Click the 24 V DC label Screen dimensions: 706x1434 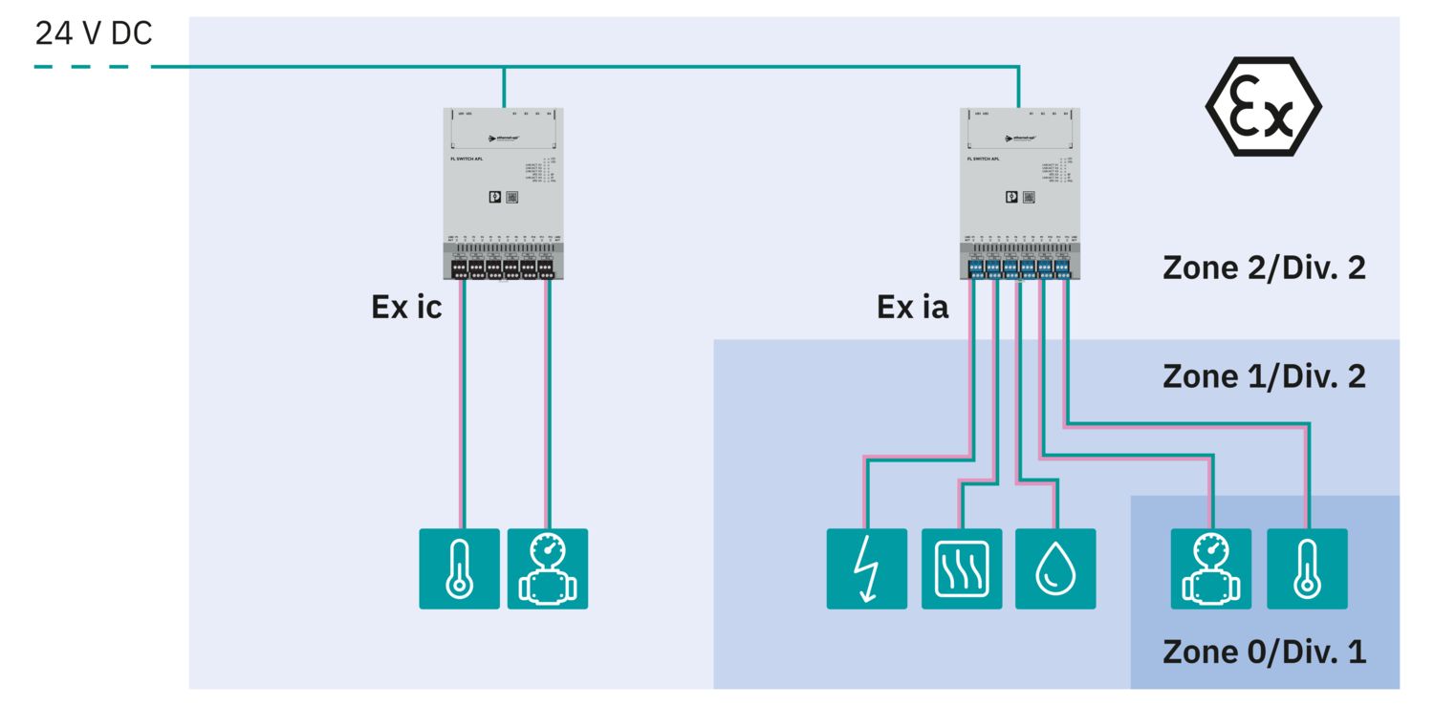pyautogui.click(x=93, y=33)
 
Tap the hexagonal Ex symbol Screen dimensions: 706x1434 pyautogui.click(x=1263, y=107)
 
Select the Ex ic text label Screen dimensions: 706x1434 pyautogui.click(x=406, y=308)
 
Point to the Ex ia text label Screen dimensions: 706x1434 pyautogui.click(x=912, y=308)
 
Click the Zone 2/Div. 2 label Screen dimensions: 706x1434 pyautogui.click(x=1264, y=267)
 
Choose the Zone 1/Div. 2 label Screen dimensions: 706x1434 pyautogui.click(x=1264, y=376)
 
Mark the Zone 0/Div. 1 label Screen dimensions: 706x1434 pyautogui.click(x=1264, y=652)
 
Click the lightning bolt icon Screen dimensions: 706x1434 pyautogui.click(x=867, y=568)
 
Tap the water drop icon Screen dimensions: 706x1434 pyautogui.click(x=1055, y=568)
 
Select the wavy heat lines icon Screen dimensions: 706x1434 pyautogui.click(x=962, y=568)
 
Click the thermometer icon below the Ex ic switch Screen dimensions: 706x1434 pyautogui.click(x=459, y=568)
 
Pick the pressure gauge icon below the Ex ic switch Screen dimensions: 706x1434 pyautogui.click(x=548, y=568)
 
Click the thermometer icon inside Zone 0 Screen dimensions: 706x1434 pyautogui.click(x=1307, y=568)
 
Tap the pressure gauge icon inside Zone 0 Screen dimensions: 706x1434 pyautogui.click(x=1211, y=568)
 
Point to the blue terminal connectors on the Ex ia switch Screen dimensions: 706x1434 pyautogui.click(x=1019, y=267)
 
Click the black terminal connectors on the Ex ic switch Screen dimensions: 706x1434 pyautogui.click(x=503, y=267)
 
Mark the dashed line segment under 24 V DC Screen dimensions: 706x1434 pyautogui.click(x=81, y=67)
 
